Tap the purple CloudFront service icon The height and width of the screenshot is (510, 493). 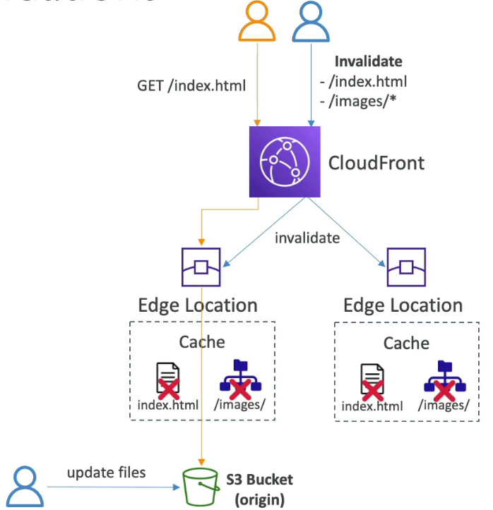tap(285, 162)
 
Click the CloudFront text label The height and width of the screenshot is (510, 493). tap(376, 164)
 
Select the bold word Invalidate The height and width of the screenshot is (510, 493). tap(369, 61)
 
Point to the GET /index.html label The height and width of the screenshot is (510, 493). tap(191, 86)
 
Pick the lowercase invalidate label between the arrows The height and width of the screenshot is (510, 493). tap(307, 238)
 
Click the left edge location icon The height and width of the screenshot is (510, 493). tap(202, 267)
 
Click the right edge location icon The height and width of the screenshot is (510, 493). tap(406, 267)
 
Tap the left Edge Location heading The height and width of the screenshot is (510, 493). tap(198, 305)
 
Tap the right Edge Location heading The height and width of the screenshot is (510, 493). tap(403, 305)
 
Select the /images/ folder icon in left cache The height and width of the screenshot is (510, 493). tap(240, 379)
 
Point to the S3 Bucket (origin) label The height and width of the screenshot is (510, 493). tap(259, 490)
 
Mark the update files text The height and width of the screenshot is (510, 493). tap(107, 472)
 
